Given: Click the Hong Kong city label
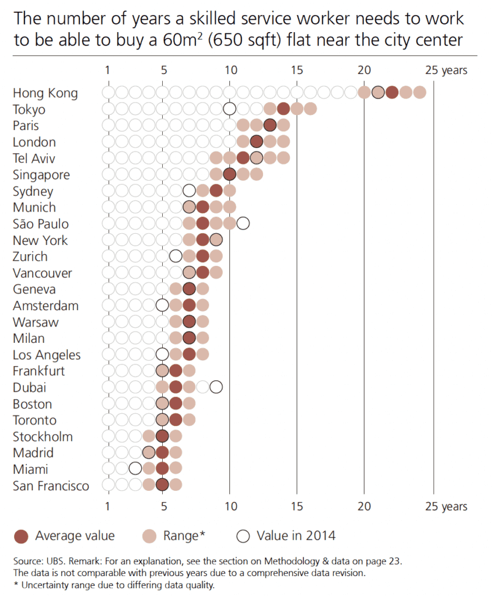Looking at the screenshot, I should (x=45, y=93).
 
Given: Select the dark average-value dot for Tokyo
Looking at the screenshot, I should (x=284, y=108).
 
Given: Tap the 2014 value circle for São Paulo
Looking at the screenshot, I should (x=243, y=223).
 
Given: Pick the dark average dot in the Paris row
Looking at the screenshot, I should (x=270, y=125).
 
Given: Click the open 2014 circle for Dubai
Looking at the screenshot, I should (x=216, y=387).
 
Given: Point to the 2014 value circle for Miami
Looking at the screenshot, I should (x=135, y=469).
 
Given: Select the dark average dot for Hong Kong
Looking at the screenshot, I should (x=391, y=92).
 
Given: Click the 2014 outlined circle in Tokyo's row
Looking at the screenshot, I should (x=229, y=108).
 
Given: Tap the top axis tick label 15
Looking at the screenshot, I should (x=296, y=71).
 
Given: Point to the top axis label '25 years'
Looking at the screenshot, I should (x=446, y=71).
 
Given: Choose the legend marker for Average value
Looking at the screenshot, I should (x=21, y=536).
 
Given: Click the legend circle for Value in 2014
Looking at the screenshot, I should (x=243, y=536).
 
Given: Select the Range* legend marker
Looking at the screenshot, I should (x=150, y=536).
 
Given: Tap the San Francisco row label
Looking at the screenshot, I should (x=51, y=486).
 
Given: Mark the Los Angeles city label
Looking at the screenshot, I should (x=47, y=354).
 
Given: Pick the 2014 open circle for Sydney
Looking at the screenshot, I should (x=189, y=191).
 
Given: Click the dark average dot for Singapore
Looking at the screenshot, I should (x=229, y=174).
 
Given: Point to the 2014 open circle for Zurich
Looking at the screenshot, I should (x=176, y=256).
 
